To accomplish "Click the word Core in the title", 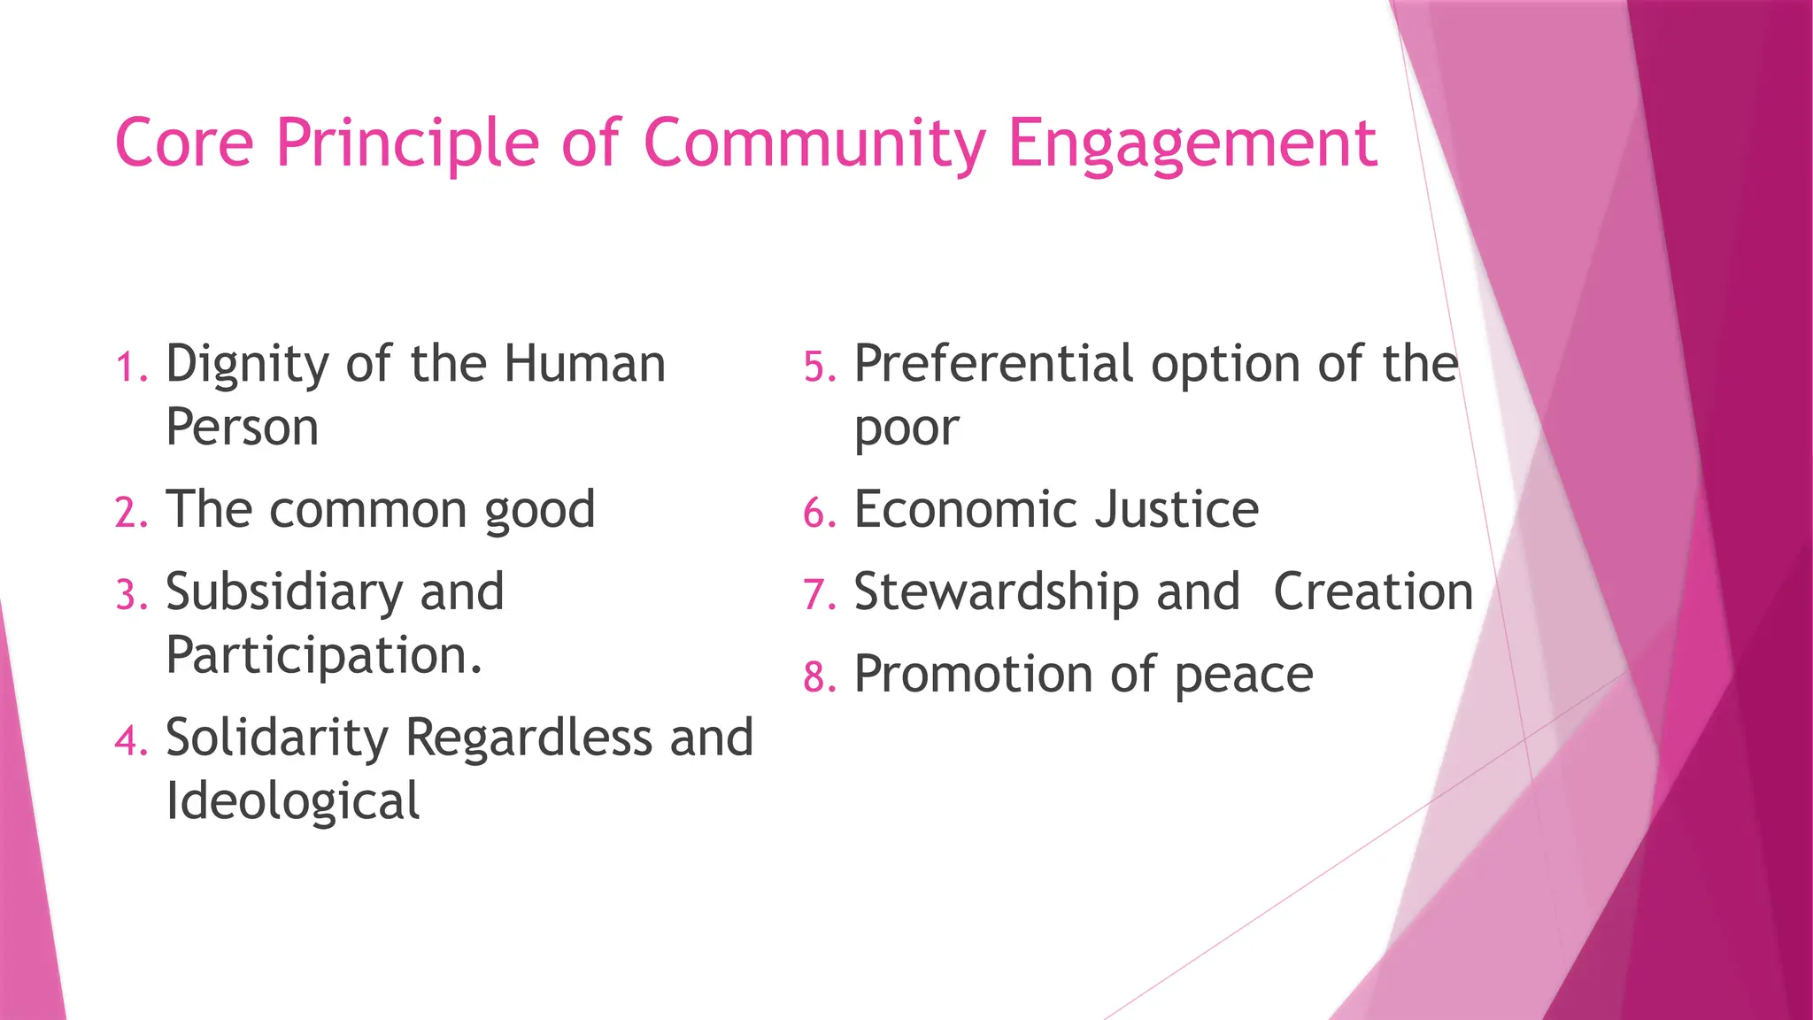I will tap(184, 143).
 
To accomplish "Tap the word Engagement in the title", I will tap(1192, 144).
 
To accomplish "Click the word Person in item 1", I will tap(242, 428).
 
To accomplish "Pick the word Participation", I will tap(323, 656).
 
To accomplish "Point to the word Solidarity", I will tap(277, 738).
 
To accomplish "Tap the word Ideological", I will tap(292, 802).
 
